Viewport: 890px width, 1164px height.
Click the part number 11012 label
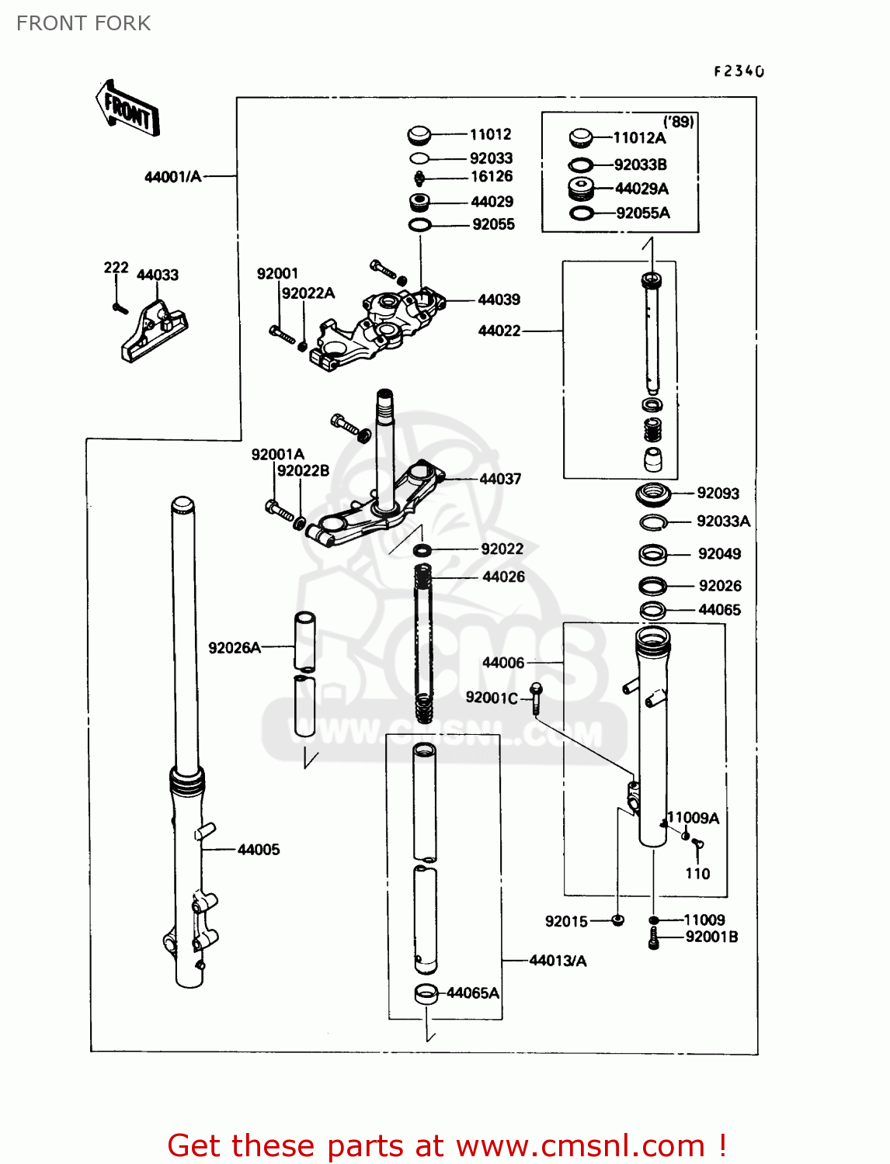click(490, 134)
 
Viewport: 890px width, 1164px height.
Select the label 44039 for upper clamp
click(499, 300)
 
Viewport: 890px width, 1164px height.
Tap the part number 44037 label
click(500, 479)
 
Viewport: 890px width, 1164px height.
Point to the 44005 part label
click(259, 850)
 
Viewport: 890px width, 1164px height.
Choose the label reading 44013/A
click(558, 961)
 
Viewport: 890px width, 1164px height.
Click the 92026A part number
click(234, 648)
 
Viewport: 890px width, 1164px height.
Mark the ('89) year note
click(678, 122)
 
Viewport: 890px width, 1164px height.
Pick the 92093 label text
click(718, 494)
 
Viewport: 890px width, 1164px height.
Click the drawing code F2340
click(739, 71)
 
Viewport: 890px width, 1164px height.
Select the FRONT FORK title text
click(84, 23)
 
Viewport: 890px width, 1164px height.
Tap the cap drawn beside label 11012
click(419, 136)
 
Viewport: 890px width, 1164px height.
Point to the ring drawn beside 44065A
click(426, 993)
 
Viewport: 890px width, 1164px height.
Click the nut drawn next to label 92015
click(617, 920)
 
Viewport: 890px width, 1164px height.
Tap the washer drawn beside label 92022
click(422, 550)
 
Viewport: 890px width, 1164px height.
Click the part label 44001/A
click(172, 177)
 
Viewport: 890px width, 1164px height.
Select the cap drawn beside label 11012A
click(581, 138)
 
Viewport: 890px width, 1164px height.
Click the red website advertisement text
click(447, 1145)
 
